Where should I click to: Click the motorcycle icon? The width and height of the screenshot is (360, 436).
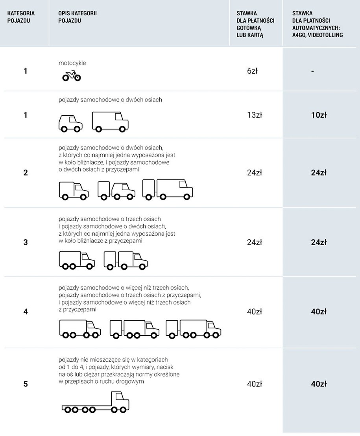point(72,76)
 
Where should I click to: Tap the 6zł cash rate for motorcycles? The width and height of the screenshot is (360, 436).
point(252,71)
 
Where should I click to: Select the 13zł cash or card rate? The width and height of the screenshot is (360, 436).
point(255,115)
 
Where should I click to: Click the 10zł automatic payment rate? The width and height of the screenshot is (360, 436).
point(319,115)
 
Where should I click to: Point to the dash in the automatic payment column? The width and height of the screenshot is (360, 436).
point(312,71)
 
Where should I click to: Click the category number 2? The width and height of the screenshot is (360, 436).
point(26,173)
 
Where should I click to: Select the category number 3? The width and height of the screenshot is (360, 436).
point(26,242)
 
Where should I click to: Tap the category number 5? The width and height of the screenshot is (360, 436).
point(26,384)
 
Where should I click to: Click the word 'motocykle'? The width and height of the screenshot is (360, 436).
point(72,63)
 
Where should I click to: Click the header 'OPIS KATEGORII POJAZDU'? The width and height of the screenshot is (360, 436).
point(77,17)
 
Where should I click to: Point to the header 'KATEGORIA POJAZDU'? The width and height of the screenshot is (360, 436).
point(21,17)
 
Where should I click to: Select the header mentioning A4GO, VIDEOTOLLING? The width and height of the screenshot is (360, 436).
point(317,24)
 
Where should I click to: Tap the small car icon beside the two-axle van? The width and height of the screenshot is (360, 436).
point(70,124)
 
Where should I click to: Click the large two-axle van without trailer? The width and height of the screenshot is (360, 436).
point(110,122)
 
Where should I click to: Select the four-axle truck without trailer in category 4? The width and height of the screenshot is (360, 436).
point(80,329)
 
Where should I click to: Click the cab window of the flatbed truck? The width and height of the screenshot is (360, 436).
point(120,396)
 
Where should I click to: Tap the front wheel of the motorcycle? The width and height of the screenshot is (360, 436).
point(77,78)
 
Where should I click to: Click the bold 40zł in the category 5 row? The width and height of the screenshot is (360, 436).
point(319,384)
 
